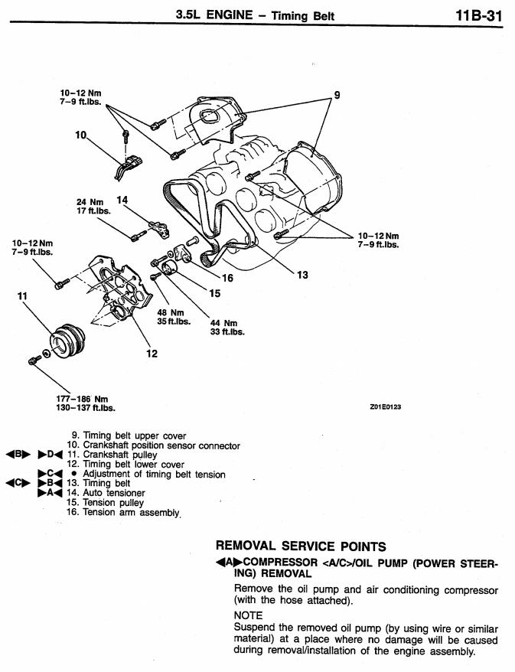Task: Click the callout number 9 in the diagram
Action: click(336, 96)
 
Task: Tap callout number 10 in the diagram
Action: click(82, 135)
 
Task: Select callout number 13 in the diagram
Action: click(302, 275)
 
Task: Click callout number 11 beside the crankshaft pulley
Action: click(21, 295)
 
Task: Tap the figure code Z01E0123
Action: click(385, 407)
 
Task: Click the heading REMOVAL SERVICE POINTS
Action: click(300, 546)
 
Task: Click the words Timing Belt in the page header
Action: click(306, 15)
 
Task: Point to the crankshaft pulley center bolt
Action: click(33, 359)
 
